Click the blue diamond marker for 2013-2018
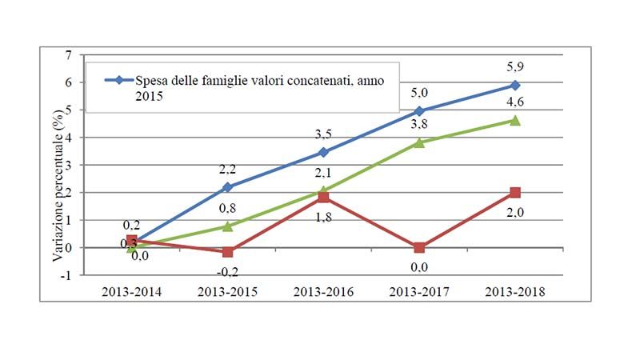(x=515, y=86)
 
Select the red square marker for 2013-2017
(x=419, y=247)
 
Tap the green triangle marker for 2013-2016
(x=323, y=191)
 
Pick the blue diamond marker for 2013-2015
(x=227, y=187)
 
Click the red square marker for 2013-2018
(x=515, y=193)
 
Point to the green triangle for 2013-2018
(x=515, y=121)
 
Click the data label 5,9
(x=515, y=67)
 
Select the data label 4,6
(x=515, y=102)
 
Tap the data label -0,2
(x=227, y=269)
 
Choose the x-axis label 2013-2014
(x=131, y=291)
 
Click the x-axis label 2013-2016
(x=323, y=291)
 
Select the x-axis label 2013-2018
(x=515, y=291)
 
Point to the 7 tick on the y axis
(x=69, y=55)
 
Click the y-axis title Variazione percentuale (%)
(x=58, y=166)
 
